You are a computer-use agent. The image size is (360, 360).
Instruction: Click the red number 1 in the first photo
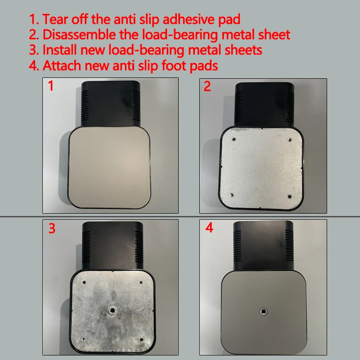click(51, 85)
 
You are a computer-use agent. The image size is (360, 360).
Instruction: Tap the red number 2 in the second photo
click(207, 86)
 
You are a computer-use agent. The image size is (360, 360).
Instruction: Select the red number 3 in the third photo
click(52, 228)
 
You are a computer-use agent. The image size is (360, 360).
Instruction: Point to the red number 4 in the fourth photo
click(209, 228)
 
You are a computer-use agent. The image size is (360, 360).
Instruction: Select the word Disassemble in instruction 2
click(79, 35)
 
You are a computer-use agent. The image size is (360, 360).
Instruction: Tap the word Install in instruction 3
click(60, 50)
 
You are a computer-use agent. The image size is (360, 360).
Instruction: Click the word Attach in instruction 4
click(62, 65)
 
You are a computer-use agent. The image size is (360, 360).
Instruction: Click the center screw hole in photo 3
click(112, 310)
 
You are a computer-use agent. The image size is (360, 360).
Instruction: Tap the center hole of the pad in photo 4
click(263, 311)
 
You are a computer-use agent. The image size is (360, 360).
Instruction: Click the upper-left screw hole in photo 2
click(234, 139)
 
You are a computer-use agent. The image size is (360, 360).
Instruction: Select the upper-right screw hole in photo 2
click(290, 139)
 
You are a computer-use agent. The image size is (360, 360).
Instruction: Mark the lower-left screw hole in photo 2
click(232, 195)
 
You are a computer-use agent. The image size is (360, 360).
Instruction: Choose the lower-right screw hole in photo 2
click(289, 197)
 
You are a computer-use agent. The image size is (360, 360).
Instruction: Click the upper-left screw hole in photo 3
click(84, 282)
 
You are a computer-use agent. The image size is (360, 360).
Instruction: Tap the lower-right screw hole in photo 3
click(141, 339)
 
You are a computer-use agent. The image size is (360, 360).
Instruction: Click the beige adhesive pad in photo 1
click(109, 167)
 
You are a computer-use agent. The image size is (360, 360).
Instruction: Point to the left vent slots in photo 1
click(85, 105)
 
